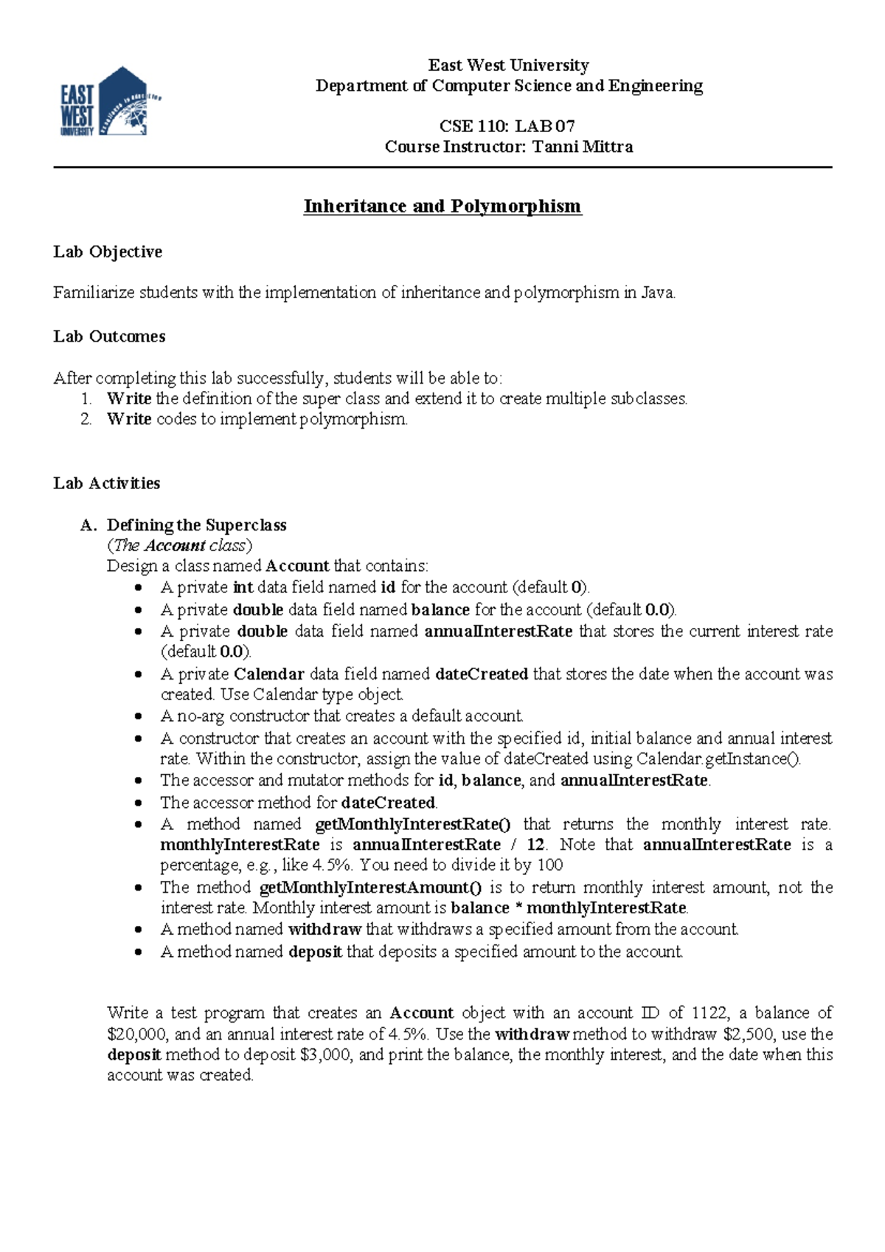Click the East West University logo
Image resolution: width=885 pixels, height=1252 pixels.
pyautogui.click(x=109, y=102)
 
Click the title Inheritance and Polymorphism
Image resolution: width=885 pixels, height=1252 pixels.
pyautogui.click(x=442, y=206)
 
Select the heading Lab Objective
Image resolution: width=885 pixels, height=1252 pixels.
pyautogui.click(x=108, y=252)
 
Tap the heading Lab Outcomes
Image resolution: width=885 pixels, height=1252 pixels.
pyautogui.click(x=109, y=336)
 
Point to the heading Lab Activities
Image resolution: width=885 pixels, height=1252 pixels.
pyautogui.click(x=107, y=483)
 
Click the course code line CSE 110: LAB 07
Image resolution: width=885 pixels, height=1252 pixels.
pyautogui.click(x=507, y=126)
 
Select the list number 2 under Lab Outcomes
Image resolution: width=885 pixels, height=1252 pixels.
pyautogui.click(x=86, y=420)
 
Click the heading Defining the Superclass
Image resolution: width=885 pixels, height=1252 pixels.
pyautogui.click(x=196, y=525)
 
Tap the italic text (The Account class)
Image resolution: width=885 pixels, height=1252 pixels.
pyautogui.click(x=179, y=546)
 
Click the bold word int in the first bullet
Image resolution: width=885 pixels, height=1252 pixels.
pyautogui.click(x=243, y=588)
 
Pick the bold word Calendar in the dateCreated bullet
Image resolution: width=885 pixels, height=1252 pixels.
pyautogui.click(x=268, y=674)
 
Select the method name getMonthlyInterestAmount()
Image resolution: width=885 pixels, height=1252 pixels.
pyautogui.click(x=370, y=888)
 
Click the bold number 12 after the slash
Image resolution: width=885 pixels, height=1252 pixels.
pyautogui.click(x=535, y=845)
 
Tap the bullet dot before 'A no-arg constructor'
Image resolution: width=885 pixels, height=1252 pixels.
pyautogui.click(x=139, y=716)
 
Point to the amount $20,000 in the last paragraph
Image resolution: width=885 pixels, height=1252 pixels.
pyautogui.click(x=138, y=1034)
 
